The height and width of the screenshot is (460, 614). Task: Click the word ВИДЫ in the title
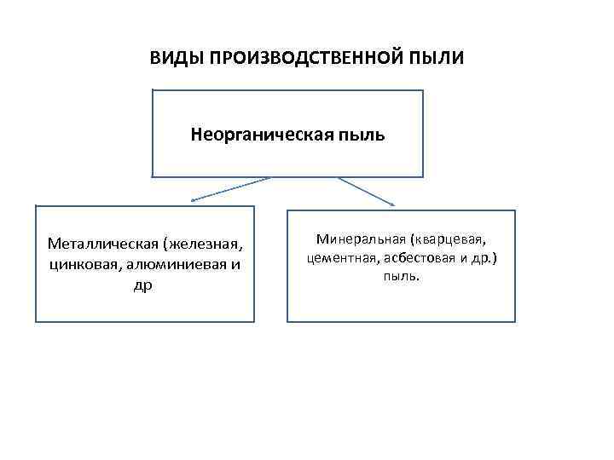(171, 58)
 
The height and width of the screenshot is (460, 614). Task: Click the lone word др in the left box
(143, 285)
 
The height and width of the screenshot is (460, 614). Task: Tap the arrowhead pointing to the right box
(391, 203)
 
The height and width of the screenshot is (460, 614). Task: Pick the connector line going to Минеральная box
(365, 190)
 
